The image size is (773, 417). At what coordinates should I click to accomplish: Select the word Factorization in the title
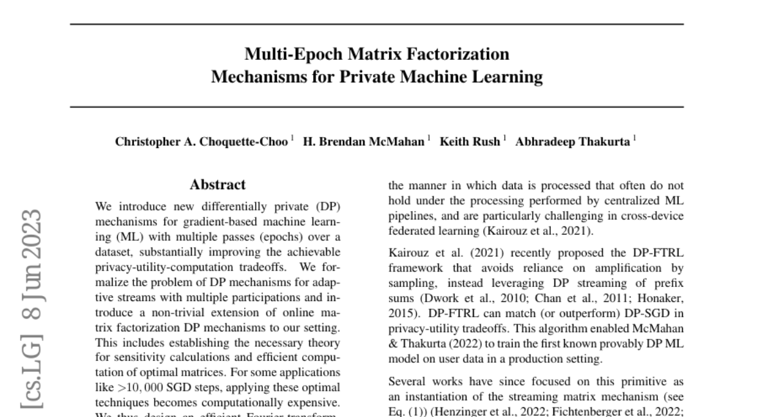[x=453, y=53]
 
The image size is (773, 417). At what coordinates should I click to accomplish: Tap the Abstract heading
[x=218, y=185]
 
